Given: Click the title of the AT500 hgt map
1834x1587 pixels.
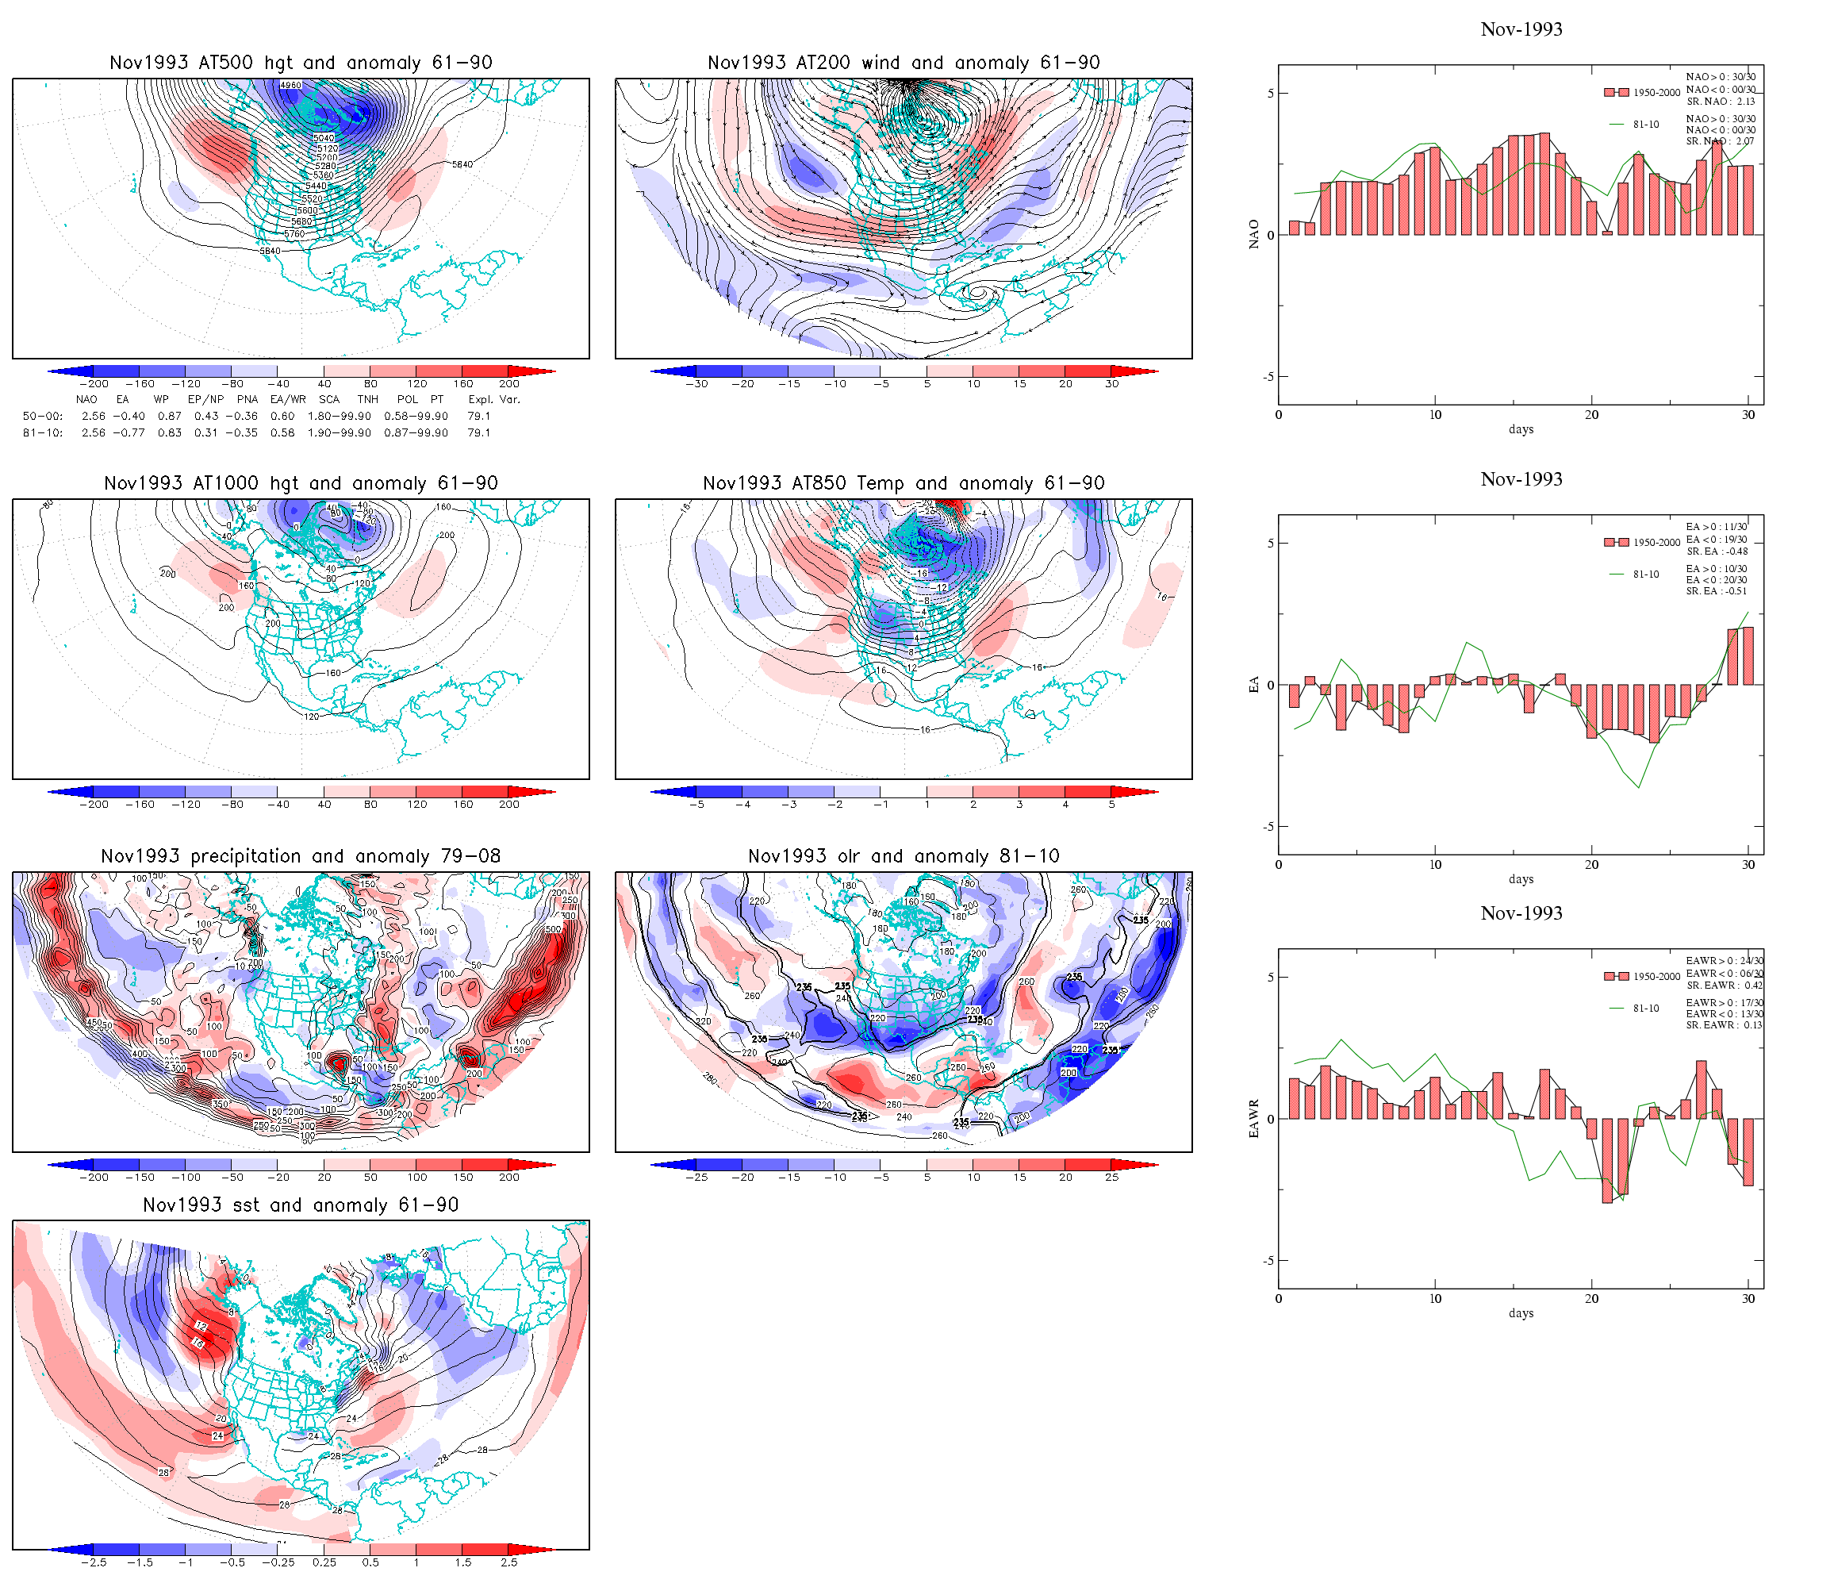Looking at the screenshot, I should coord(300,63).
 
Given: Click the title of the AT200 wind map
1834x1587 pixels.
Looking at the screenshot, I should coord(903,63).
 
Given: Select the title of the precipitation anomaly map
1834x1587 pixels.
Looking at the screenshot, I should coord(300,856).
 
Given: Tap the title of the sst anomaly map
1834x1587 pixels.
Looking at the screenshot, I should coord(300,1205).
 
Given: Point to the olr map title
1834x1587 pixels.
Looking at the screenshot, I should coord(903,856).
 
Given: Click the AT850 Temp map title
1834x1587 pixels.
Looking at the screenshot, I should coord(903,483).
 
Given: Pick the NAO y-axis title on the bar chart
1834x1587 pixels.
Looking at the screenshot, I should coord(1253,234).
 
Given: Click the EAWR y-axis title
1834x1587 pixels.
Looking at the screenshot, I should coord(1253,1119).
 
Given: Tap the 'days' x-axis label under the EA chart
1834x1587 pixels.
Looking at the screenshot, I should coord(1521,879).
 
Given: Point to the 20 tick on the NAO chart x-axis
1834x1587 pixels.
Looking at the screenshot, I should coord(1591,414).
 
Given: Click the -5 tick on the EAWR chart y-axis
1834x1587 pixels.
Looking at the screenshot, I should coord(1268,1260).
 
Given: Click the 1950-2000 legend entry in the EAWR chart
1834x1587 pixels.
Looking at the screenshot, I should coord(1656,976).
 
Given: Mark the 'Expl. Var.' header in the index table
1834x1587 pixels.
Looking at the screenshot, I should coord(494,399).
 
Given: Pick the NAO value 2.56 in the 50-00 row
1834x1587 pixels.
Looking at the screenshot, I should coord(93,417).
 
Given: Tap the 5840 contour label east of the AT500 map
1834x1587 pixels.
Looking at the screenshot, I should coord(462,165).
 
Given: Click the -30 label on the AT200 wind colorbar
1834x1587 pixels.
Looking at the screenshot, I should coord(696,384).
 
